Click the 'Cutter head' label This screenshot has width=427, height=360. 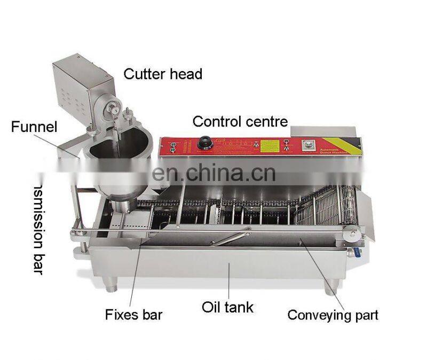[x=163, y=74]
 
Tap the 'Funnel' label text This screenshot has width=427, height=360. [x=34, y=127]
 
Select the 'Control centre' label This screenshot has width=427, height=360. [x=240, y=121]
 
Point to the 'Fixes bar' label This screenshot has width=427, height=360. [x=133, y=314]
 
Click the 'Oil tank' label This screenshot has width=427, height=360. [x=227, y=307]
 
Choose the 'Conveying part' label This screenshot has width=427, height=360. [x=333, y=315]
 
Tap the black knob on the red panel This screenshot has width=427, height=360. [x=204, y=143]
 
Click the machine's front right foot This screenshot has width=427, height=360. [x=329, y=288]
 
